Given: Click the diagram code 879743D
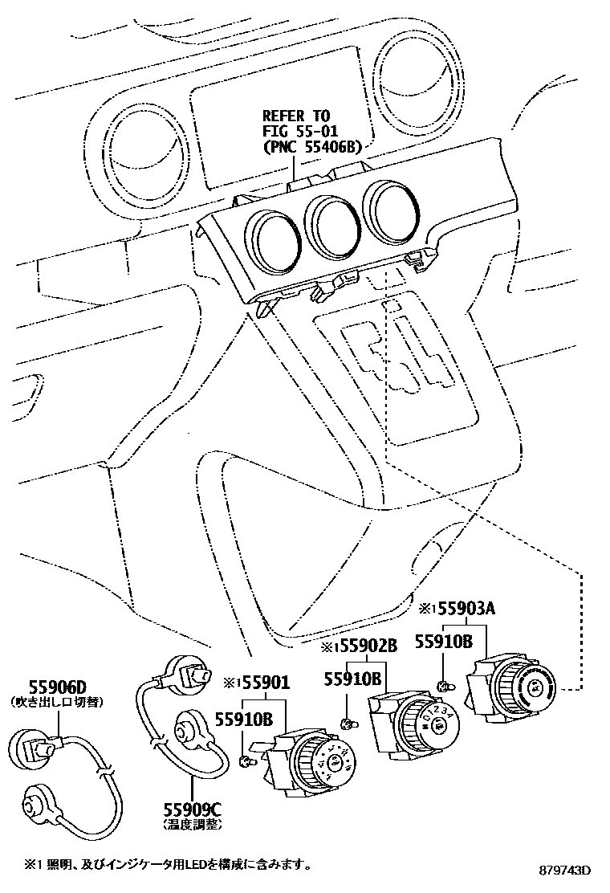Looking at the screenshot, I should coord(564,871).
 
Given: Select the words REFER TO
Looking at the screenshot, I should coord(296,116).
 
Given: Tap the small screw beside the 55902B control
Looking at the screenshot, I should coord(348,724).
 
